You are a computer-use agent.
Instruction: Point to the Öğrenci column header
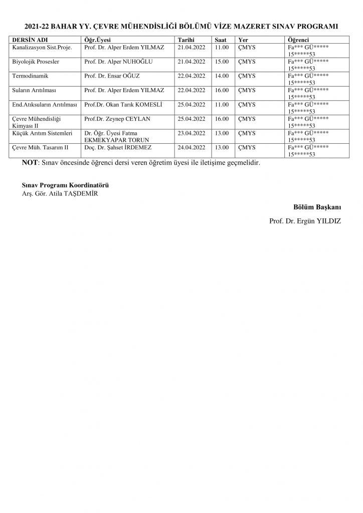[x=299, y=40]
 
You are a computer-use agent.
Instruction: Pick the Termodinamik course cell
[x=30, y=76]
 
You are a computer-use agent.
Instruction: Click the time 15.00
[x=221, y=62]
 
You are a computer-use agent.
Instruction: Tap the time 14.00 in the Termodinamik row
[x=221, y=76]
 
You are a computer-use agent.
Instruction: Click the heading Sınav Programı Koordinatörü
[x=62, y=185]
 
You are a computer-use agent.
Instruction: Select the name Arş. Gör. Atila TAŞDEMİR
[x=56, y=194]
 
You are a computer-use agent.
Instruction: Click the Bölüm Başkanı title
[x=317, y=207]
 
